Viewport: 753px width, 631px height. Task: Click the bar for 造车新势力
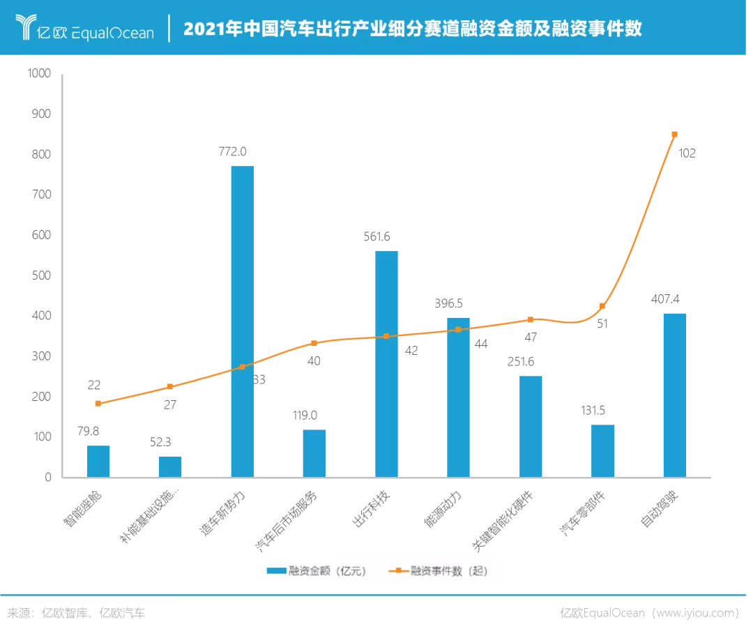coord(242,321)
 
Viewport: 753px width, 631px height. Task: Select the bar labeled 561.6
coord(386,364)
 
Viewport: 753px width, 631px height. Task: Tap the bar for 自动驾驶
coord(674,395)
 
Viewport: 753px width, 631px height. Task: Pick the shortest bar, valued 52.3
coord(170,466)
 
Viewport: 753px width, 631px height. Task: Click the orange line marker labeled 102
coord(674,135)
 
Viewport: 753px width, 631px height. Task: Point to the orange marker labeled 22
coord(98,404)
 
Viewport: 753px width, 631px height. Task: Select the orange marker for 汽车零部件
coord(602,306)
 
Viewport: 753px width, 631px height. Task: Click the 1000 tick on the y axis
coord(39,73)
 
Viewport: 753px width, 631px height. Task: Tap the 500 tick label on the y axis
coord(41,275)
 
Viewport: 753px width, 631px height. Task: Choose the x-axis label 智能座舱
coord(82,509)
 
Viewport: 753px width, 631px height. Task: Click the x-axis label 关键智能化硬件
coord(502,521)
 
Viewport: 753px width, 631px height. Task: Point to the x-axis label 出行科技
coord(371,509)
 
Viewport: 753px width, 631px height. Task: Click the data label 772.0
coord(232,152)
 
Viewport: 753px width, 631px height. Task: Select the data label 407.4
coord(665,299)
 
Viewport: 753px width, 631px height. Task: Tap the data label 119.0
coord(305,416)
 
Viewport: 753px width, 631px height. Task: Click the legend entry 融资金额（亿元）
coord(317,571)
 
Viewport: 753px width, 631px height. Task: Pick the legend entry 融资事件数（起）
coord(439,571)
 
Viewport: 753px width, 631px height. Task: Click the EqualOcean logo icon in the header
coord(26,27)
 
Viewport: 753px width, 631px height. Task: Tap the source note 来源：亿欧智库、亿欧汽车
coord(76,614)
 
